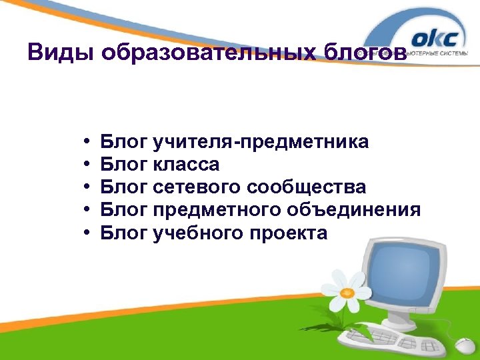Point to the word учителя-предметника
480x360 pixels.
261,141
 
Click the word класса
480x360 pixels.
186,164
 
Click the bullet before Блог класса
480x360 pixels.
88,165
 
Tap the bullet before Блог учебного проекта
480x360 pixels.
88,233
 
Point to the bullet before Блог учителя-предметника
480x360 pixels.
88,142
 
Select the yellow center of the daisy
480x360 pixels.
347,292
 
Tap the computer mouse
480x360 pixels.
465,345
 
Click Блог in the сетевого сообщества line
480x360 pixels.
124,187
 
